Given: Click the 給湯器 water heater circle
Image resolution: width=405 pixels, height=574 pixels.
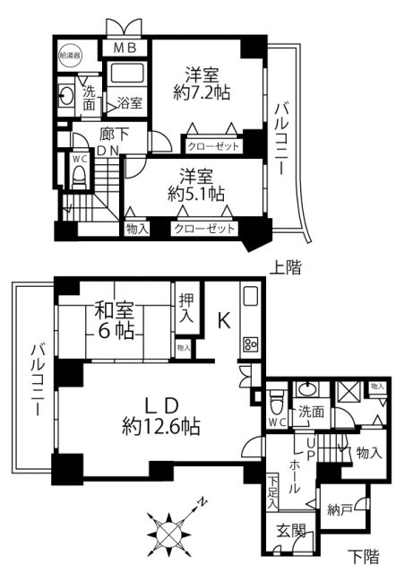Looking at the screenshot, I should pos(69,56).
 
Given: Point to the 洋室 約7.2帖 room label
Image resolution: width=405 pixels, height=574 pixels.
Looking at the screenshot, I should pos(204,83).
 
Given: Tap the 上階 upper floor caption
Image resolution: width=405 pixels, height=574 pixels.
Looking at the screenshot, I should pos(286,267).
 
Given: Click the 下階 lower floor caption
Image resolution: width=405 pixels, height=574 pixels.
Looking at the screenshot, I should pos(364,555).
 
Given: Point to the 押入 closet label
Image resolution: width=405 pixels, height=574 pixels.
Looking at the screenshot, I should pos(186,308).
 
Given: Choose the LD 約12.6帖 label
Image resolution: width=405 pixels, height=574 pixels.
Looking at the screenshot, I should pos(161,413).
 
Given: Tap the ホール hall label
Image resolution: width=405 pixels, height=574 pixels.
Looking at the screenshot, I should pos(296,475).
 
